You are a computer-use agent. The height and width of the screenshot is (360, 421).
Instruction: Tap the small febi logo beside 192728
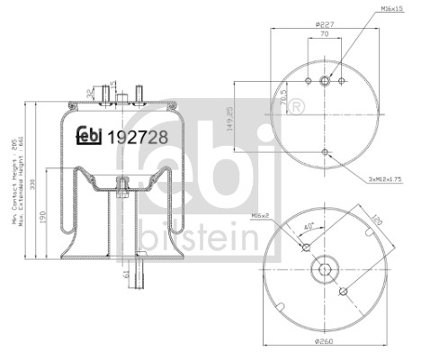(88, 137)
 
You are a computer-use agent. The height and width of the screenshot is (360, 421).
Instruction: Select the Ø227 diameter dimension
(324, 25)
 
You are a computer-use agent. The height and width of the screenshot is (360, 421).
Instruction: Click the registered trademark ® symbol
(297, 108)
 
